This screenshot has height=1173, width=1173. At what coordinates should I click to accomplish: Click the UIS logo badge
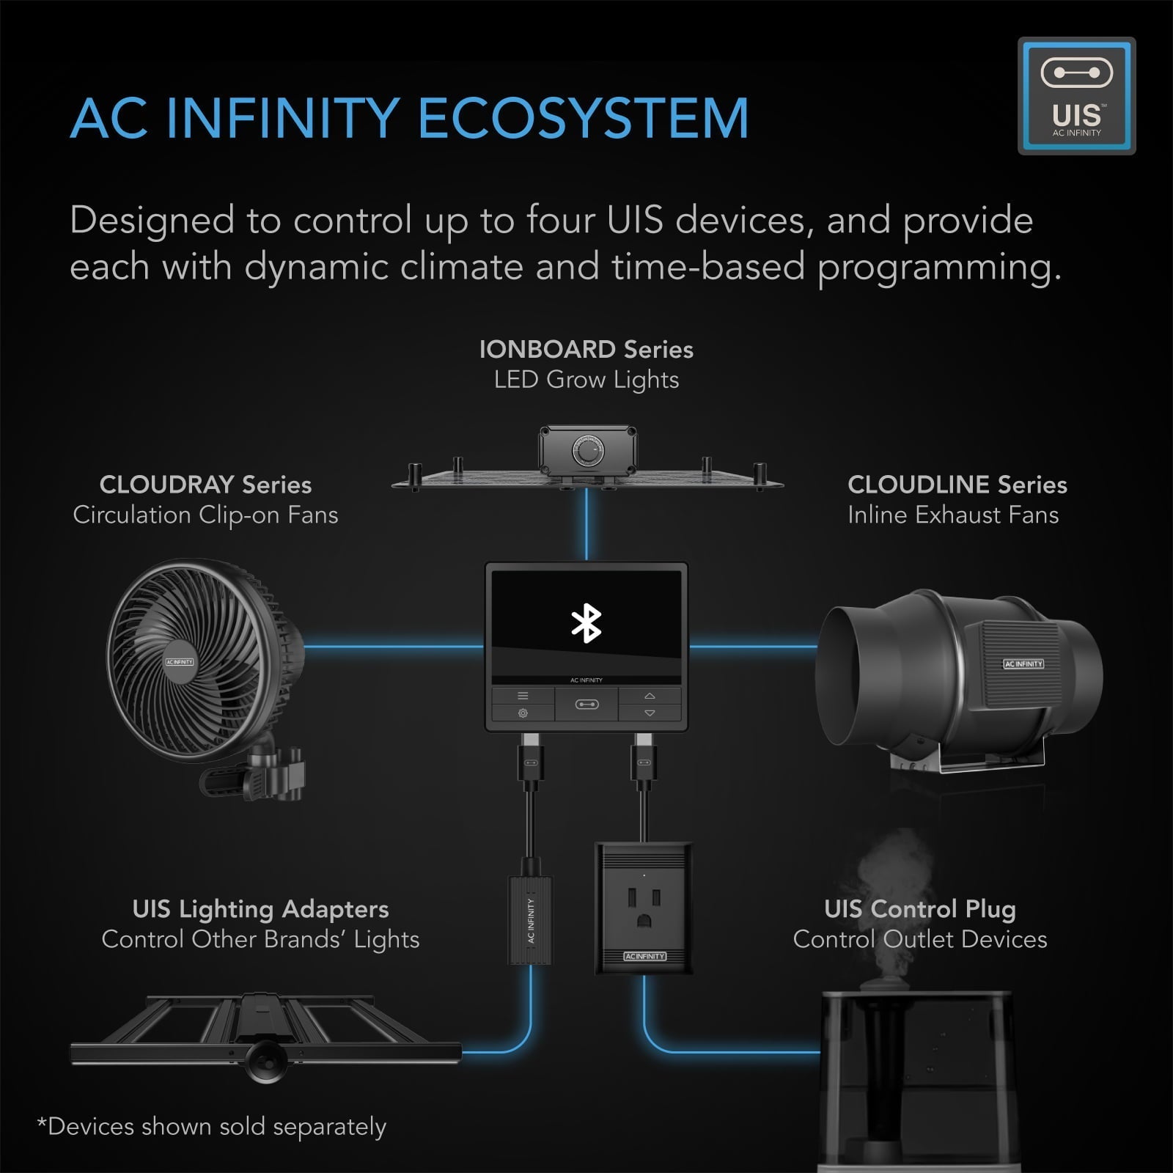(1076, 96)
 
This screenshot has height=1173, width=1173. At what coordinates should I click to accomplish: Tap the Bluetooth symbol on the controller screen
(586, 624)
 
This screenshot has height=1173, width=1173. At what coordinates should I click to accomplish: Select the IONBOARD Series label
(586, 349)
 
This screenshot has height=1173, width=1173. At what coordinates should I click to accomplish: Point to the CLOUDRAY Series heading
(205, 485)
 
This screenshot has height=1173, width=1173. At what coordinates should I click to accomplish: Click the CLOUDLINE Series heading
(957, 485)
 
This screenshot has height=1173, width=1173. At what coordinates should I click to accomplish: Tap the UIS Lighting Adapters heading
(260, 909)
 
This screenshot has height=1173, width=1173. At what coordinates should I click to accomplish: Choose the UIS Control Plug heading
(919, 909)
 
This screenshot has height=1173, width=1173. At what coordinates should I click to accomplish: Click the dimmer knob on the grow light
(587, 452)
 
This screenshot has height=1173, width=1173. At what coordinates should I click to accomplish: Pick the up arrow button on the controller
(650, 696)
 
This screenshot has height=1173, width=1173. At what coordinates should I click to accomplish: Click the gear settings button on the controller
(523, 713)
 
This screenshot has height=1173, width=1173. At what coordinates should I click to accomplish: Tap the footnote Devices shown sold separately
(212, 1127)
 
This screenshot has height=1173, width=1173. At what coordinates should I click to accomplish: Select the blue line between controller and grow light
(586, 524)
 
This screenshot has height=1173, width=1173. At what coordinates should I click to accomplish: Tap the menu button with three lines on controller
(523, 696)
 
